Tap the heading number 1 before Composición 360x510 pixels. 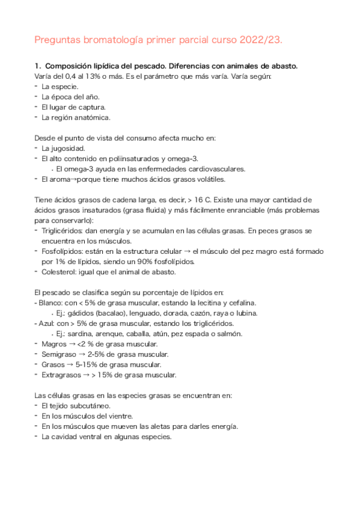[37, 66]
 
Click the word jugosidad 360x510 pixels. [69, 148]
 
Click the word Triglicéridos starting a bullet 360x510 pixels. [61, 231]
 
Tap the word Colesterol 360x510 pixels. [59, 272]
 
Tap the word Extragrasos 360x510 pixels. [61, 375]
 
